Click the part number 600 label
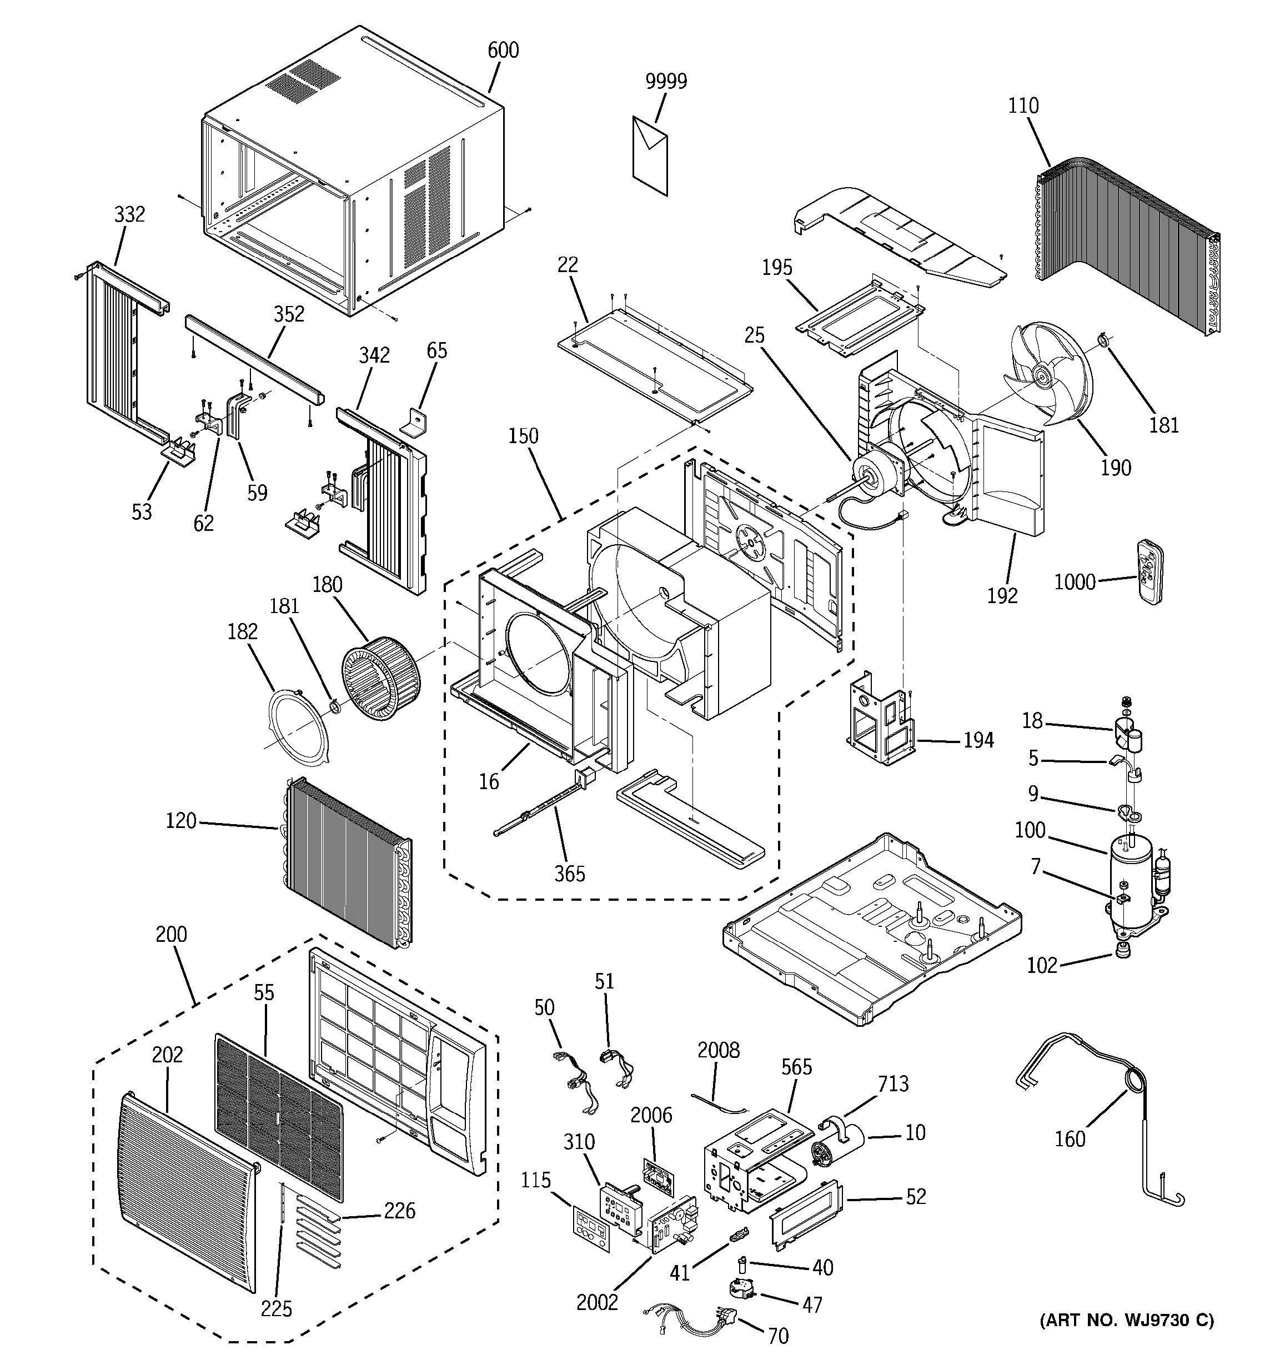[x=503, y=51]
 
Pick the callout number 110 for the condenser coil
[x=1023, y=106]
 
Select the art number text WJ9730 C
[x=1127, y=1319]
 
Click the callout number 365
[x=570, y=874]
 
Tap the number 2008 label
[x=718, y=1050]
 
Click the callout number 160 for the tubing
[x=1070, y=1139]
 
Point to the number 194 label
[x=978, y=741]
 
